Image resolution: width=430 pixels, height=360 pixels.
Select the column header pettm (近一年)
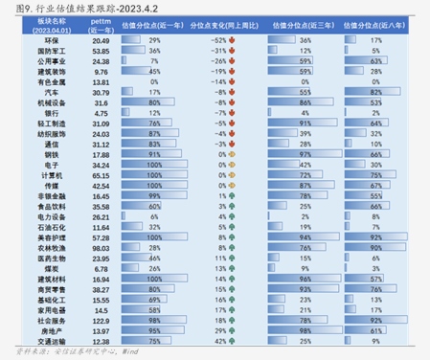(100, 24)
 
